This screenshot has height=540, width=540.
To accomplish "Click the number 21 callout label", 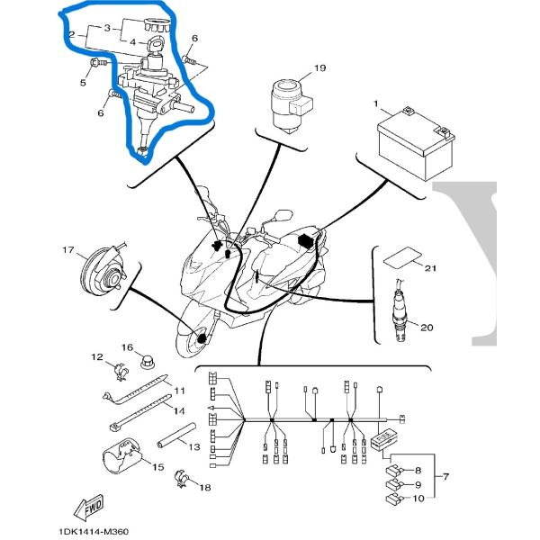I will pyautogui.click(x=431, y=269).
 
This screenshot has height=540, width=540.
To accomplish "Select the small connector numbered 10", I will pyautogui.click(x=393, y=498).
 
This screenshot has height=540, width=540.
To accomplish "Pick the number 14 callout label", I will pyautogui.click(x=180, y=409).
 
